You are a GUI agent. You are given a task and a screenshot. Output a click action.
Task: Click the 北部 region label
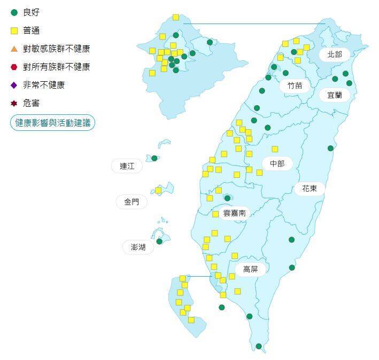tap(335, 54)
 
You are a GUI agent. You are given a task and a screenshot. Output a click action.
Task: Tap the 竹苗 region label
tap(295, 85)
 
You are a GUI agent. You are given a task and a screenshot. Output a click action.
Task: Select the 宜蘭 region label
tap(335, 95)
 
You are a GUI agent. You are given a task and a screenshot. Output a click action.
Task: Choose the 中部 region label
tap(277, 163)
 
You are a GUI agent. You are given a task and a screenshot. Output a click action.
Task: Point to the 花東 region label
tap(310, 188)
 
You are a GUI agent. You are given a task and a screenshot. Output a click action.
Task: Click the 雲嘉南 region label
tap(234, 213)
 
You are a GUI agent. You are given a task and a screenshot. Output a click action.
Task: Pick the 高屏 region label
tap(250, 269)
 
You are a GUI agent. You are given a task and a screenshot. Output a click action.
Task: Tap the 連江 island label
tap(127, 166)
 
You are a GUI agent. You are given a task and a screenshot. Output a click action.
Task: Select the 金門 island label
tap(131, 201)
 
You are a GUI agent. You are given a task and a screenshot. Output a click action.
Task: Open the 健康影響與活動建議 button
tap(52, 122)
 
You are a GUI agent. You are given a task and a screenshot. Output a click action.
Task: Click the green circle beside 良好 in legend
tap(14, 12)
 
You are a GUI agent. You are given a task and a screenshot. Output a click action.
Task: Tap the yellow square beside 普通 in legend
tap(14, 30)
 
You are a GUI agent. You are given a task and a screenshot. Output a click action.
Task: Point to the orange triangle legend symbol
tap(14, 49)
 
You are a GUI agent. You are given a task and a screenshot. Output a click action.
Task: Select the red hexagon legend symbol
tap(14, 67)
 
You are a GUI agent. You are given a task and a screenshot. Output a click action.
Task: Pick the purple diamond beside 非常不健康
tap(14, 85)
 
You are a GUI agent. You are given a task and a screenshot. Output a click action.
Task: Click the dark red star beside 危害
tap(14, 103)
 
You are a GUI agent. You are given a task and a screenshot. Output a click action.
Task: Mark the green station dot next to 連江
tap(154, 158)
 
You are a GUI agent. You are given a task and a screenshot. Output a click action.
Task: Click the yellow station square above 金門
tap(158, 190)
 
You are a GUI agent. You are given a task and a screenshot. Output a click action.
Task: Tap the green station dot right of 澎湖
tap(159, 241)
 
